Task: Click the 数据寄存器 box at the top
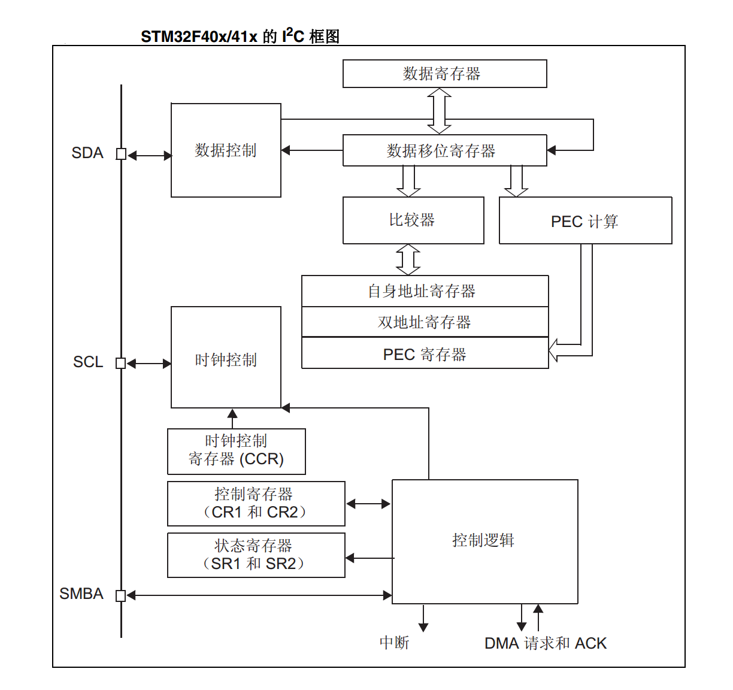444,74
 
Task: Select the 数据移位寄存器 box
444,150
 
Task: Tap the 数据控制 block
226,150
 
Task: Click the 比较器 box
413,220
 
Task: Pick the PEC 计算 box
585,221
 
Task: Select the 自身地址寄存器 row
425,291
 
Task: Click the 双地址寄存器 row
425,322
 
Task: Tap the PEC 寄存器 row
425,354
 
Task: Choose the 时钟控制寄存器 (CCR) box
236,451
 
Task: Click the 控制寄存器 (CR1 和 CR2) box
256,504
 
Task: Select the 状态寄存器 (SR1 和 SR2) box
256,555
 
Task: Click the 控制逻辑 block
484,541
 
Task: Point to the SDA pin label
87,153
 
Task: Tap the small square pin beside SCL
120,363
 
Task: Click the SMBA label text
81,594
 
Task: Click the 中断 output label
394,643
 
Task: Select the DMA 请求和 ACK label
545,643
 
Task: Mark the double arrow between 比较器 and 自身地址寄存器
408,259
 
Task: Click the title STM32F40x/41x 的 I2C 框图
240,37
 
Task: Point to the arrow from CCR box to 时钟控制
232,418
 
